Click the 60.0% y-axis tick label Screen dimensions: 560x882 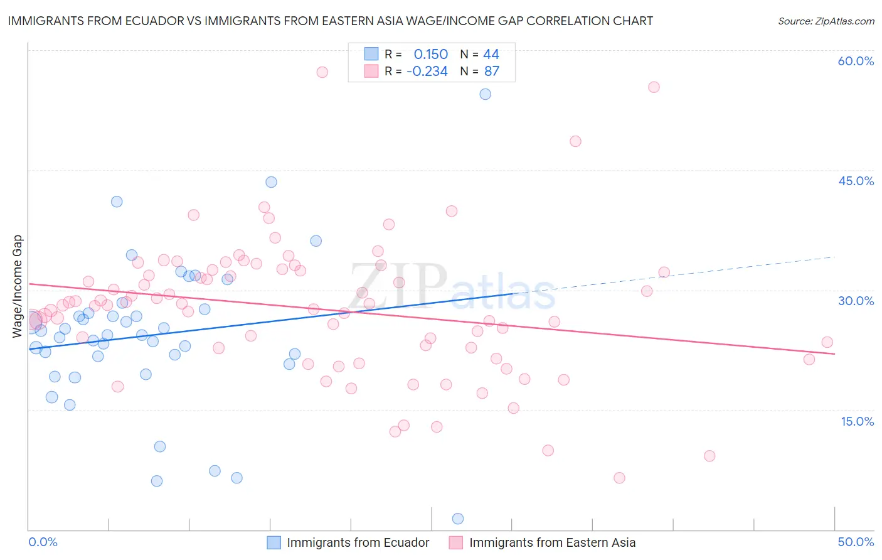coord(856,61)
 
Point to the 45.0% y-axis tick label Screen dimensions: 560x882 coord(856,181)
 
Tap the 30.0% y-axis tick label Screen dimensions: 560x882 coord(856,301)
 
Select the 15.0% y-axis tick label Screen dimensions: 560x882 coord(857,421)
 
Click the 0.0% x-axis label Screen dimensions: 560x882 coord(43,542)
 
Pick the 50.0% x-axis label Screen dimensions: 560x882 coord(856,542)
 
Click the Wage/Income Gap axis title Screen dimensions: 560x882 coord(18,286)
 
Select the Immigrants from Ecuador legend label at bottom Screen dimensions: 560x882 coord(358,542)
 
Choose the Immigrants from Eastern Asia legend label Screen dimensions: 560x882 coord(552,542)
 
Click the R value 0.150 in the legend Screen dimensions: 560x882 coord(430,54)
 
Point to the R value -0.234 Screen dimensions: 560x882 coord(427,71)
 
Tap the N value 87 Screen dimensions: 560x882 coord(492,71)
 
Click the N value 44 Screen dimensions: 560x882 coord(491,54)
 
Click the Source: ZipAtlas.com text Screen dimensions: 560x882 coord(826,21)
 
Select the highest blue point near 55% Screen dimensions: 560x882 coord(485,94)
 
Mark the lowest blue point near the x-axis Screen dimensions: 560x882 coord(458,519)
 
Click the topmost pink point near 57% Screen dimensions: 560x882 coord(322,72)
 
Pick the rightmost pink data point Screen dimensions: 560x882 coord(827,342)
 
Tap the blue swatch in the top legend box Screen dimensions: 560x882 coord(371,54)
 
